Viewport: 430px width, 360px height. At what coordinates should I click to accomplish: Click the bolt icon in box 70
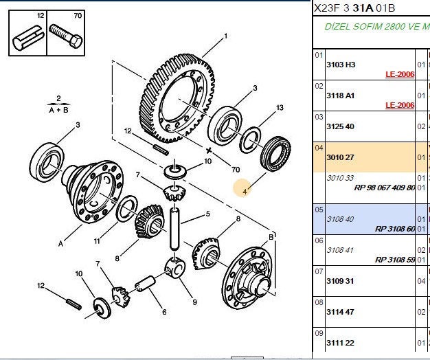coord(65,36)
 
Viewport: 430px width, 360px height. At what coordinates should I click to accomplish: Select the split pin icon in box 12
coord(28,38)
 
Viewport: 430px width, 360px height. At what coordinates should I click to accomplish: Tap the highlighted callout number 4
coord(245,192)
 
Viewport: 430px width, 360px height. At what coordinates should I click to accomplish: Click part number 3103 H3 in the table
coord(341,65)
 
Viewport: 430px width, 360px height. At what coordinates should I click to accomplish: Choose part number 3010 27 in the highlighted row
coord(340,157)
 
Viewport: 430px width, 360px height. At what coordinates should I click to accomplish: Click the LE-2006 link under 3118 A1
coord(400,105)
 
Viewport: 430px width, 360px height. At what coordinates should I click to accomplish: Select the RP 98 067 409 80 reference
coord(385,188)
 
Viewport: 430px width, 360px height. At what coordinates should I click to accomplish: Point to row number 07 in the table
coord(319,271)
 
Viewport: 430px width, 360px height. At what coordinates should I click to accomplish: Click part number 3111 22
coord(340,343)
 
